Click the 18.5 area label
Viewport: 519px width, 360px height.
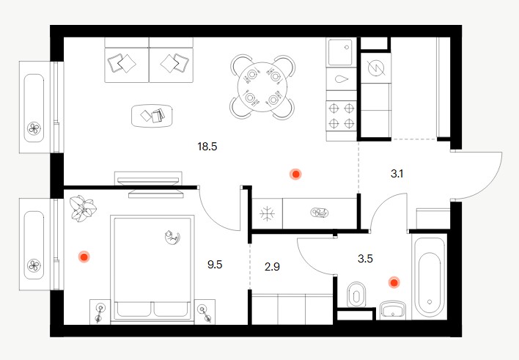click(207, 147)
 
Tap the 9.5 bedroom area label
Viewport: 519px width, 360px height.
click(215, 265)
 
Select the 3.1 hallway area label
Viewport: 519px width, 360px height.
click(397, 174)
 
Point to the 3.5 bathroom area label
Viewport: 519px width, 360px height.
click(365, 259)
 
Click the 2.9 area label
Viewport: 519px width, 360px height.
click(272, 267)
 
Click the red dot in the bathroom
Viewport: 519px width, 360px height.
click(394, 282)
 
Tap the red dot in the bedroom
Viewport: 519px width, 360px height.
click(84, 257)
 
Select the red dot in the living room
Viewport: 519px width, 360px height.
click(295, 174)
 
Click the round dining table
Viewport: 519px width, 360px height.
click(262, 87)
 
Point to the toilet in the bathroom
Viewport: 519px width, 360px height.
click(356, 295)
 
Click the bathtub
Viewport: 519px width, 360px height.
click(430, 275)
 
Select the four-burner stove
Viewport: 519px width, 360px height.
click(342, 116)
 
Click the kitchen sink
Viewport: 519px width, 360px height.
click(342, 53)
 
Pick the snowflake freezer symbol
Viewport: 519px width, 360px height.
click(267, 213)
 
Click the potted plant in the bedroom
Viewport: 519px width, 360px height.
click(83, 208)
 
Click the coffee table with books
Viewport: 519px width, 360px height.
click(152, 116)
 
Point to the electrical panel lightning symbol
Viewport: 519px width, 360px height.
click(376, 69)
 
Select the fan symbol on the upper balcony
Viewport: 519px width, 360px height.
click(34, 128)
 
